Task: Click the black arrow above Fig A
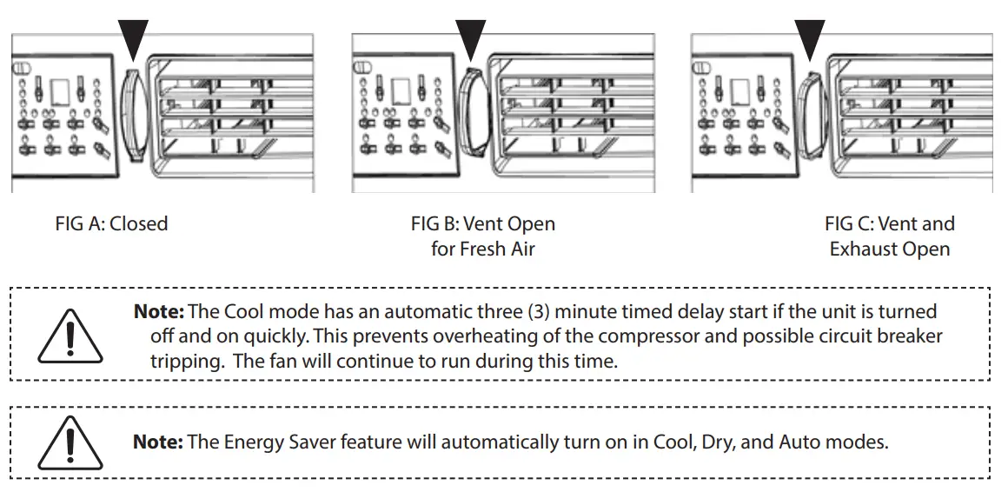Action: tap(133, 38)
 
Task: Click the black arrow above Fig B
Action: tap(470, 38)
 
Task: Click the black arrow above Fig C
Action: tap(810, 38)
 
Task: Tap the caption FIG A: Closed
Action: tap(111, 223)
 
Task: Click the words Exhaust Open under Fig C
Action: tap(889, 249)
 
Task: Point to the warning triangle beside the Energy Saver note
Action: tap(70, 443)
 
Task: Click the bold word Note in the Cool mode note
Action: tap(158, 311)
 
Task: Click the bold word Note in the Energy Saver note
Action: tap(157, 442)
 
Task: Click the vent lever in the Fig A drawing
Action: tap(131, 113)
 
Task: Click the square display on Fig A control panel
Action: tap(61, 92)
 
